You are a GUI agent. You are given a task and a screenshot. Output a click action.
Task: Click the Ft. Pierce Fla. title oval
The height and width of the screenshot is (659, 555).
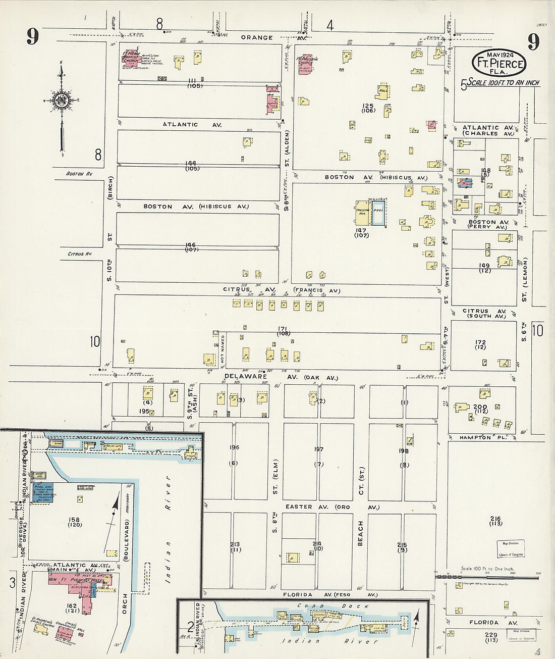point(498,62)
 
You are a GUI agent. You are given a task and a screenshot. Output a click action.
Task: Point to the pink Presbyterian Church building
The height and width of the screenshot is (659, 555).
point(305,64)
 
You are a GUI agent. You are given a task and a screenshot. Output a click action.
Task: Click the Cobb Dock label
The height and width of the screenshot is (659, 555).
point(312,605)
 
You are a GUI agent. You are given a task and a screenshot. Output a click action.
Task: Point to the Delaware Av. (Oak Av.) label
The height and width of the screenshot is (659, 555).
point(281,377)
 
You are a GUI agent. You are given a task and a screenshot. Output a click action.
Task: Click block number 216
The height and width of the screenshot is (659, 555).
point(494,519)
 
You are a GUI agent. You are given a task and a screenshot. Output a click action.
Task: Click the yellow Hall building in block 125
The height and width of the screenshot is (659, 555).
point(382,91)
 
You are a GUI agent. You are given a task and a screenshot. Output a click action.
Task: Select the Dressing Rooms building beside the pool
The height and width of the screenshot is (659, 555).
point(362,214)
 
